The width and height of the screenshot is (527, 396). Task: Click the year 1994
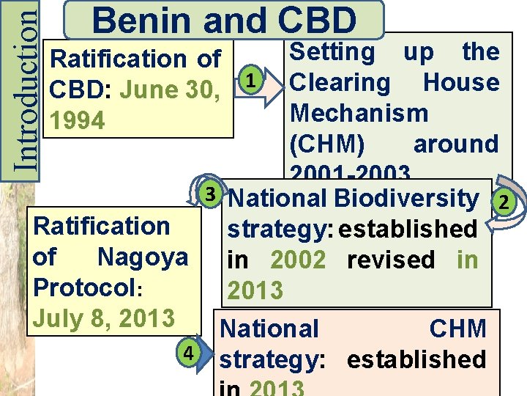point(73,120)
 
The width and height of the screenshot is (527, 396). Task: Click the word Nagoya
point(142,257)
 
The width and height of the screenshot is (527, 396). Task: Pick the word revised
point(390,260)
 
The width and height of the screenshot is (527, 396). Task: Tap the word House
point(461,82)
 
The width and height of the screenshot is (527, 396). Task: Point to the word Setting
point(332,51)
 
